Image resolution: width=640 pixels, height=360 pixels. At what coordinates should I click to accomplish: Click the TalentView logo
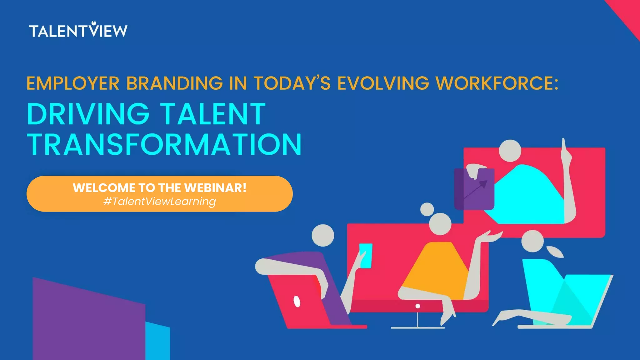tap(78, 30)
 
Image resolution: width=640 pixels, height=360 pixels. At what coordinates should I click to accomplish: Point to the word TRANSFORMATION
tap(164, 144)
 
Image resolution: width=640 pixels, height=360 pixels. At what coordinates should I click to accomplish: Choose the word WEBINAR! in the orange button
tap(215, 188)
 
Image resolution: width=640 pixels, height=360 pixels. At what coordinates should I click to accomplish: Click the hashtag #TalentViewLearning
tap(160, 202)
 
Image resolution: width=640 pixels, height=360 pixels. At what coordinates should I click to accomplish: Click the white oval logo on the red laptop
tap(297, 302)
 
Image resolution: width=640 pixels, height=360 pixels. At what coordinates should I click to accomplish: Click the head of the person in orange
tap(440, 224)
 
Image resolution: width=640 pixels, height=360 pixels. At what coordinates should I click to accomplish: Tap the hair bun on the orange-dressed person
tap(427, 209)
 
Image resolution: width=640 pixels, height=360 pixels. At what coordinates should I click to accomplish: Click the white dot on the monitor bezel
tap(418, 306)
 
